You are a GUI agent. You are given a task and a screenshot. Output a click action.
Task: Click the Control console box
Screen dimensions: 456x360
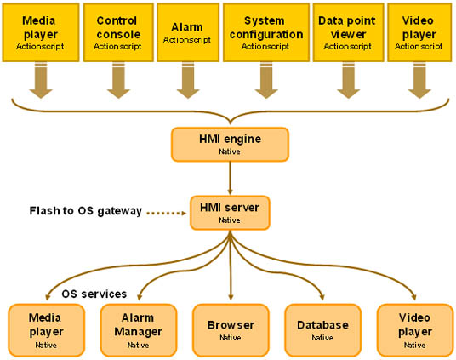point(118,32)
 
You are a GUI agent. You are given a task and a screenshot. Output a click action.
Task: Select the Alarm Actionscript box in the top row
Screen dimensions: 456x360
point(188,32)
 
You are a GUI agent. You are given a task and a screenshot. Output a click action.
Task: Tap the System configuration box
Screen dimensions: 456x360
point(266,32)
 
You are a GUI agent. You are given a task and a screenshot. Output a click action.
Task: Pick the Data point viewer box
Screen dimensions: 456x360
point(349,32)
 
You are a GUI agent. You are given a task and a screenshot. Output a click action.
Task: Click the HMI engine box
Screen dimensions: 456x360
point(230,145)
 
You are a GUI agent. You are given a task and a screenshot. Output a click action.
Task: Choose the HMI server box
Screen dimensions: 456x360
point(230,213)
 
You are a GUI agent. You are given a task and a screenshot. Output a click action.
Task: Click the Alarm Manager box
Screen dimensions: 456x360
point(139,330)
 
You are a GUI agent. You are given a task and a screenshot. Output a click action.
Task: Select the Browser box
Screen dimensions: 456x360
point(231,330)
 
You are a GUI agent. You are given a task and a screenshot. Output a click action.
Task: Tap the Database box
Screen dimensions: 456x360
point(322,330)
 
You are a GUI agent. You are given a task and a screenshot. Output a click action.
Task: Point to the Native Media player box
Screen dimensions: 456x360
point(47,330)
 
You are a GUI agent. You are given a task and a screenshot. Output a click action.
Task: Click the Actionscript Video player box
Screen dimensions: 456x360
point(419,32)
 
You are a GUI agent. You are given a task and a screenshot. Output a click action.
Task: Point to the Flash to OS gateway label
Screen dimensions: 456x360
point(85,211)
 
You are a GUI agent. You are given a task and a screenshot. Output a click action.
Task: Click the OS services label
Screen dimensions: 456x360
point(94,294)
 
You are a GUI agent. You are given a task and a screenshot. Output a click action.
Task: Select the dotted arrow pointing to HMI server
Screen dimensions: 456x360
point(167,214)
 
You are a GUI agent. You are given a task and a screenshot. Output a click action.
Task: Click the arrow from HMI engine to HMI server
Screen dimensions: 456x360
point(230,178)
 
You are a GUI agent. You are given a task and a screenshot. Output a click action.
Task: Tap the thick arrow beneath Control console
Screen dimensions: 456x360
point(118,81)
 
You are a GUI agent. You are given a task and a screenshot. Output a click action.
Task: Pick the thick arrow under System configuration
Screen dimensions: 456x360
point(266,81)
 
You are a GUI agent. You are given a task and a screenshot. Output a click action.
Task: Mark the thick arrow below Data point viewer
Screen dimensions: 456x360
point(349,81)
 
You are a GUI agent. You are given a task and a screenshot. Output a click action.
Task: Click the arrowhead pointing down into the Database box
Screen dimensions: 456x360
point(322,297)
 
